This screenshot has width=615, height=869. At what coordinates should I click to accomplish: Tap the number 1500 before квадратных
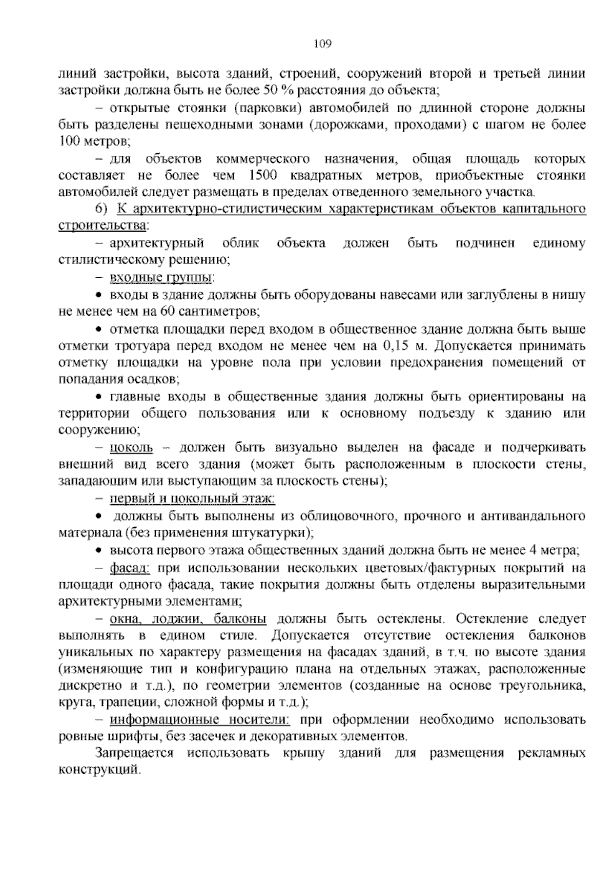pyautogui.click(x=262, y=176)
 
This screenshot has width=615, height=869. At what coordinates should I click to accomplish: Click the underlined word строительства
pyautogui.click(x=102, y=225)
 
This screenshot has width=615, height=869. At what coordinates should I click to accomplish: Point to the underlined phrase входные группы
pyautogui.click(x=160, y=277)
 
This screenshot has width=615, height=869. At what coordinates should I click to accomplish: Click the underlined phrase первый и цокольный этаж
pyautogui.click(x=192, y=498)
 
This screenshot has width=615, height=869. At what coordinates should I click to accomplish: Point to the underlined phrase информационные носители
pyautogui.click(x=200, y=720)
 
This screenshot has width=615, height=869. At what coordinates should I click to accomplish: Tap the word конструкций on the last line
pyautogui.click(x=98, y=770)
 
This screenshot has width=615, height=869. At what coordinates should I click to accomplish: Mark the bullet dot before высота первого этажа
pyautogui.click(x=100, y=551)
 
